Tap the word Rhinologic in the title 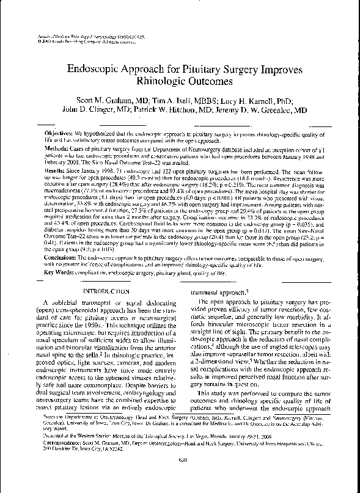[x=161, y=81]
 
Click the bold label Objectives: [x=59, y=133]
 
